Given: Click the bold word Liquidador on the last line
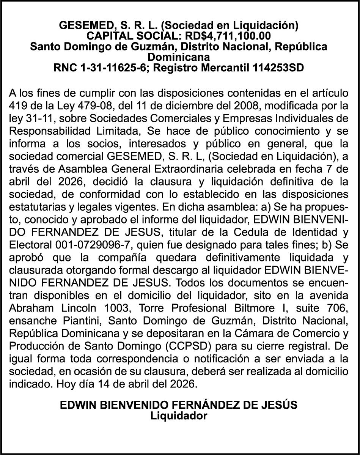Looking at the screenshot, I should [179, 416].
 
